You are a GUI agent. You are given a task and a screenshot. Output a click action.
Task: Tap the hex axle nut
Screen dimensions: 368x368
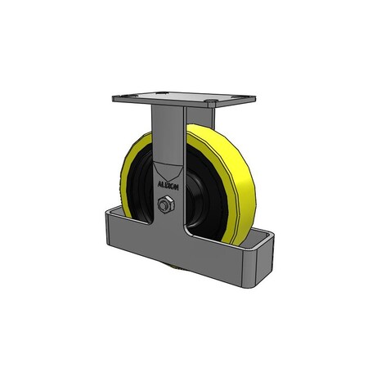pos(163,205)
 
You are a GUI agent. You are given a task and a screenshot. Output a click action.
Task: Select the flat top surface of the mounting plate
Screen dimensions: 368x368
pos(176,99)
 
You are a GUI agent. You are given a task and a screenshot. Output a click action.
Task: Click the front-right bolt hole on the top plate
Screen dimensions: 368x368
pos(212,105)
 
